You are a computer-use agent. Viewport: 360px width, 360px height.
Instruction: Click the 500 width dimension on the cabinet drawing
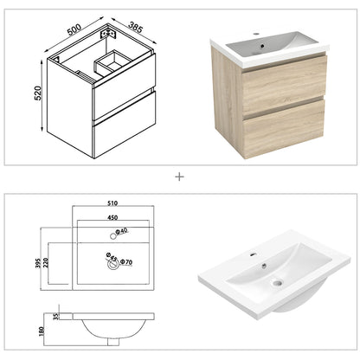pos(76,24)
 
